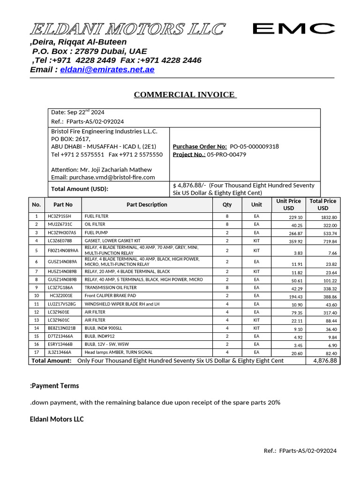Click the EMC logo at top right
[x=291, y=29]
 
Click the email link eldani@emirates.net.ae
[x=107, y=69]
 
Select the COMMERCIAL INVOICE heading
[x=185, y=95]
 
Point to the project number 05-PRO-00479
[x=226, y=154]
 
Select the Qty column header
[x=227, y=204]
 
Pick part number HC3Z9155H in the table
[x=59, y=217]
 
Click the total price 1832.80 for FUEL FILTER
[x=329, y=217]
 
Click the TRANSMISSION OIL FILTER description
[x=111, y=287]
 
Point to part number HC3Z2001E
[x=61, y=296]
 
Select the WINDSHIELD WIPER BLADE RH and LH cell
[x=121, y=304]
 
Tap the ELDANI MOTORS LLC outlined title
[x=127, y=30]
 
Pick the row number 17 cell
[x=36, y=352]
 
